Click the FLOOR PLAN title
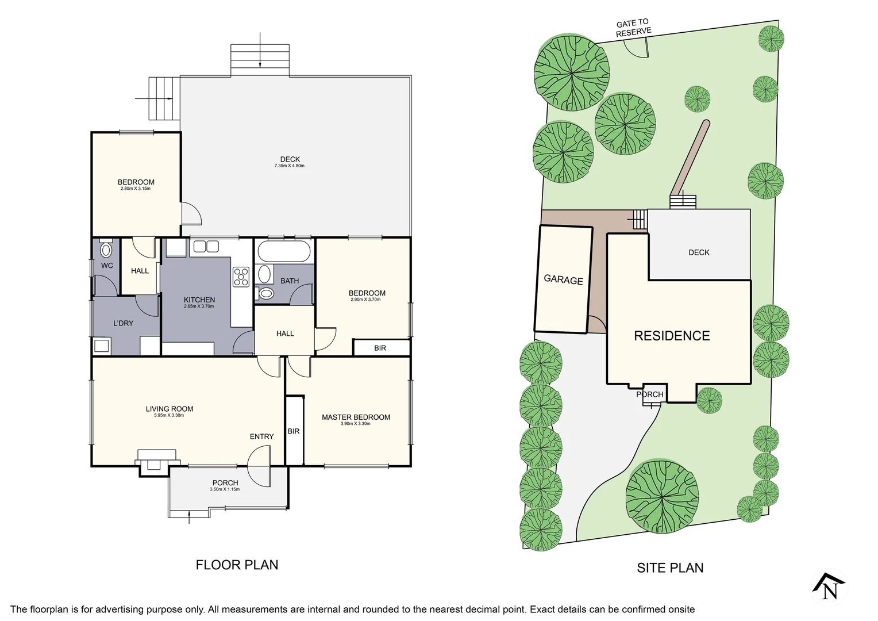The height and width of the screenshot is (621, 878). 237,565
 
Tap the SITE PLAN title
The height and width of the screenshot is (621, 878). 670,568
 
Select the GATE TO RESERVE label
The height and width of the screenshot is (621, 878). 633,28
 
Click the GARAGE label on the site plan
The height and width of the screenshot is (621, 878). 563,279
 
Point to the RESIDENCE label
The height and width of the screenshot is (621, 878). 672,336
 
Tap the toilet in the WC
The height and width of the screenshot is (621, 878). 106,250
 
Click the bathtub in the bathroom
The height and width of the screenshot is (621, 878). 284,251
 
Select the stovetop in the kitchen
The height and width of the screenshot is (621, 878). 241,277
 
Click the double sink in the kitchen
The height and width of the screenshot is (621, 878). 206,247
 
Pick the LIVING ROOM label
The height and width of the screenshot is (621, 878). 170,409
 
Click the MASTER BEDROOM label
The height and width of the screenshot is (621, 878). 356,417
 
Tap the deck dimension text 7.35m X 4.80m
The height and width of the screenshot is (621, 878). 289,166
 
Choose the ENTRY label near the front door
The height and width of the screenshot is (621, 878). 261,436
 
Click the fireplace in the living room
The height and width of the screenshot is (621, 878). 155,462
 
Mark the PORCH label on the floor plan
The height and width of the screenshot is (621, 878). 225,483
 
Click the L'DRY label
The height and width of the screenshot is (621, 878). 123,323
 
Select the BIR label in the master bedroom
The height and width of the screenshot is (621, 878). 294,431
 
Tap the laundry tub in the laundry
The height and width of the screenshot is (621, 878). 102,346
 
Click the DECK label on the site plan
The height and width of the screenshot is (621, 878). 699,252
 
